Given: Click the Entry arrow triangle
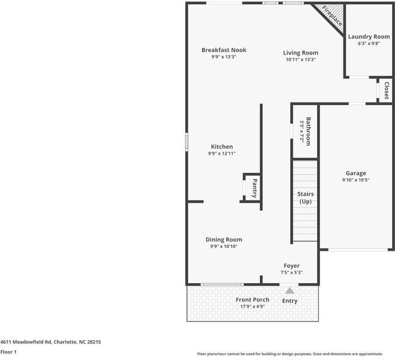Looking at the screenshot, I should pyautogui.click(x=290, y=290).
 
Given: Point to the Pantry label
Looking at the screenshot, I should pyautogui.click(x=255, y=188).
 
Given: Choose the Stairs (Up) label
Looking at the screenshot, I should pyautogui.click(x=306, y=198).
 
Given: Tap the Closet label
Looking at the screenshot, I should pyautogui.click(x=386, y=90).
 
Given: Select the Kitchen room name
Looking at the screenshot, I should pyautogui.click(x=222, y=146).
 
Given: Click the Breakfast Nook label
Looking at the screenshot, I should pyautogui.click(x=224, y=50).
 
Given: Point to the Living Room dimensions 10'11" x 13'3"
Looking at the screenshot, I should pyautogui.click(x=300, y=59).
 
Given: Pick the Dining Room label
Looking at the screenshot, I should pyautogui.click(x=224, y=239).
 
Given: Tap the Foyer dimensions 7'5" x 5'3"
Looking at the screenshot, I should pyautogui.click(x=291, y=272).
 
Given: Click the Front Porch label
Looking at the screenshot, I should pyautogui.click(x=252, y=299).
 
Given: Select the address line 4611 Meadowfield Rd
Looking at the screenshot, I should pyautogui.click(x=50, y=341).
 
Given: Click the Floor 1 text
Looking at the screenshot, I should pyautogui.click(x=8, y=352).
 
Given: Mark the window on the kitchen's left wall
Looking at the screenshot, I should pyautogui.click(x=186, y=141).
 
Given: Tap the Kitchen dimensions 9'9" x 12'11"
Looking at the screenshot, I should pyautogui.click(x=222, y=154).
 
